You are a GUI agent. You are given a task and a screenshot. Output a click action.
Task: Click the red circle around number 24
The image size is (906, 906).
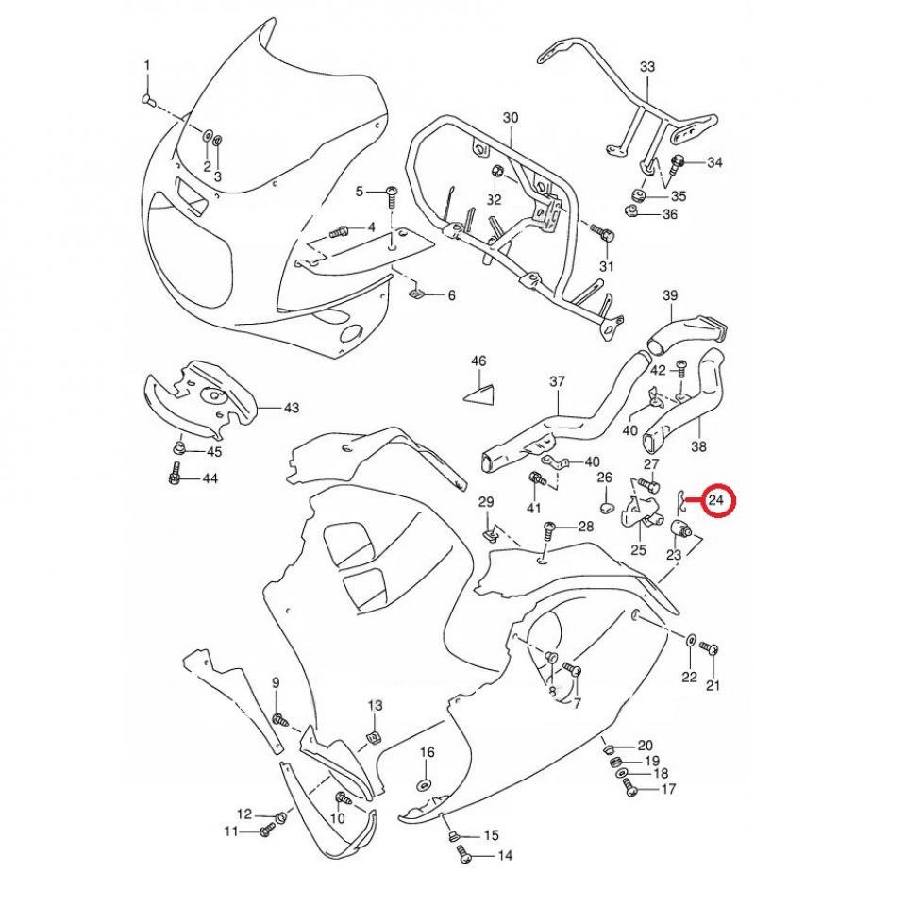pos(716,500)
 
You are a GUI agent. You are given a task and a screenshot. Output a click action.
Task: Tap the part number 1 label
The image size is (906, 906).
pos(146,65)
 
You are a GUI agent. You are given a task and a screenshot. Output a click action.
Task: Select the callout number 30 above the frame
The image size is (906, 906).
pos(511,118)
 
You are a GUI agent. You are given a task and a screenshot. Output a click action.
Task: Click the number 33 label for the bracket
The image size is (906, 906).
pos(646,67)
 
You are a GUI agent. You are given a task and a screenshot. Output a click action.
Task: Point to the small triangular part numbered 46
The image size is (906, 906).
pos(480,391)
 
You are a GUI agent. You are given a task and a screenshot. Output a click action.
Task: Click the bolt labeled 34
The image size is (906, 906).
pos(678,163)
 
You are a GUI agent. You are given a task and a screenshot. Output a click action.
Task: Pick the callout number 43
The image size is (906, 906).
pos(291,408)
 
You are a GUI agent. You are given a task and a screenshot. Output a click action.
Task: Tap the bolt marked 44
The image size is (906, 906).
pos(176,479)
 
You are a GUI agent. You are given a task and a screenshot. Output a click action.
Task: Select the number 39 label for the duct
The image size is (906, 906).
pos(670,296)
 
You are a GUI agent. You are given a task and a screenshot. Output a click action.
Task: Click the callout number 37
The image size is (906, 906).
pos(557,381)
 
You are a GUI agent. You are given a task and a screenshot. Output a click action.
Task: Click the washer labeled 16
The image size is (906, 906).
pos(424,785)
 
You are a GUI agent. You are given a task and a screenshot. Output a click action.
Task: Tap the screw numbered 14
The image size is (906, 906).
pos(462,855)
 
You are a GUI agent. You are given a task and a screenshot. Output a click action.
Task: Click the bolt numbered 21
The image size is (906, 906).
pos(713,649)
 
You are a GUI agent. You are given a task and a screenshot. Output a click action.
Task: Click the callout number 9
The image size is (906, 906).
pos(276,682)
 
